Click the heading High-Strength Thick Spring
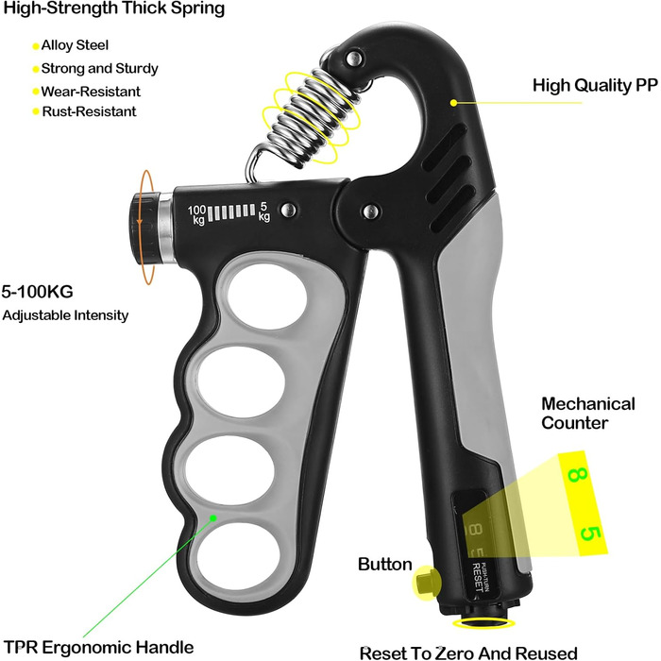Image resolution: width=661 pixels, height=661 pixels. click(114, 8)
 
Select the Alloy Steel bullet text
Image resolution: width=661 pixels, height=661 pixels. click(75, 45)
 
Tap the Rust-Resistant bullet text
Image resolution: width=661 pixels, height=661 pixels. click(89, 111)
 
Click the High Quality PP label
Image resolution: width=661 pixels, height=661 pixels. click(595, 85)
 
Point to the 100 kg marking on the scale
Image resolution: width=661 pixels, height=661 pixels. click(196, 215)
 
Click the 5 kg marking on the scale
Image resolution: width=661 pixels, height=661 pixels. click(263, 212)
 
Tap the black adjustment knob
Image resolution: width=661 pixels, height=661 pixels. click(144, 228)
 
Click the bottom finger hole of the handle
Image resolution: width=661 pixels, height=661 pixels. click(239, 552)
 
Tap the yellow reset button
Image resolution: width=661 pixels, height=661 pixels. click(427, 583)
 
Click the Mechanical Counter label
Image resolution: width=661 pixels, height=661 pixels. click(587, 414)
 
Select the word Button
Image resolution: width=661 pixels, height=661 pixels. click(385, 564)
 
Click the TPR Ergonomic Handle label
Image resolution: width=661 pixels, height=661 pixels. click(98, 647)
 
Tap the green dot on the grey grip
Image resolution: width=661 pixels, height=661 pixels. click(212, 517)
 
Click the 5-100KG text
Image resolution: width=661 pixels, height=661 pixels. click(38, 292)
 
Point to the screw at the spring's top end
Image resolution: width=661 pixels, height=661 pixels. click(353, 58)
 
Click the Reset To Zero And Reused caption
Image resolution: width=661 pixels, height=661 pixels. click(468, 653)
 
